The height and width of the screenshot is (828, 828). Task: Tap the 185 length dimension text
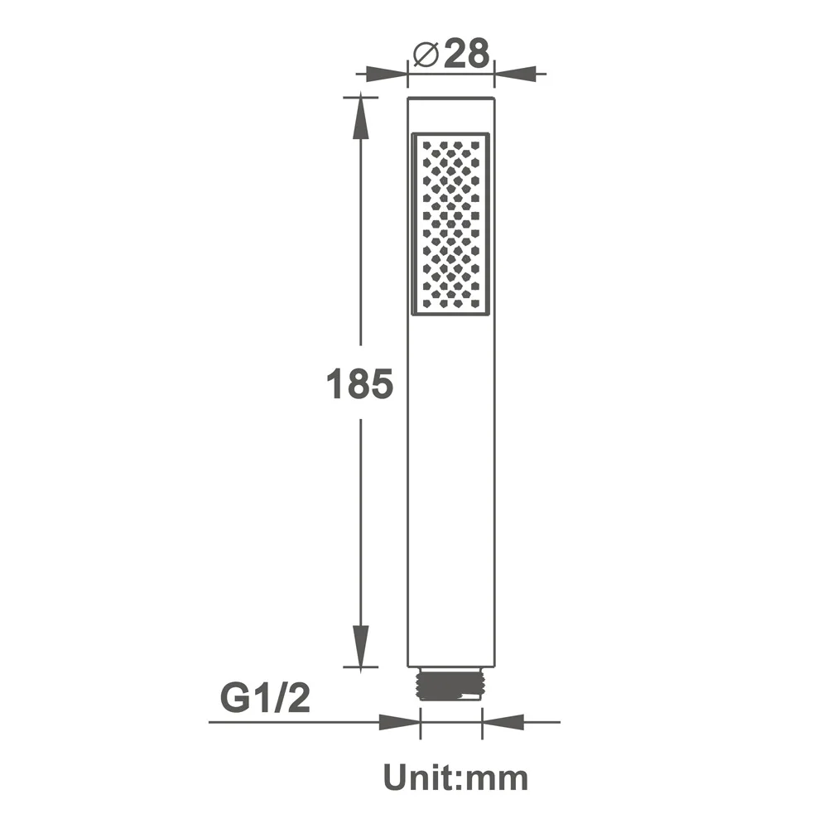(x=359, y=384)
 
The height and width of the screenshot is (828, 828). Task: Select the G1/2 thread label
(x=265, y=699)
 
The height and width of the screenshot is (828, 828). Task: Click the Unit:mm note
(x=455, y=778)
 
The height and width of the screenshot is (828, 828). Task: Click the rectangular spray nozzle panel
(x=450, y=224)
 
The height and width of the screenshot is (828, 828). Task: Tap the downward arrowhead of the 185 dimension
(x=360, y=646)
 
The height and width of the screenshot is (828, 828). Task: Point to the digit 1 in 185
(x=335, y=384)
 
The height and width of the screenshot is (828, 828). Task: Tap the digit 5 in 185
(x=380, y=384)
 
